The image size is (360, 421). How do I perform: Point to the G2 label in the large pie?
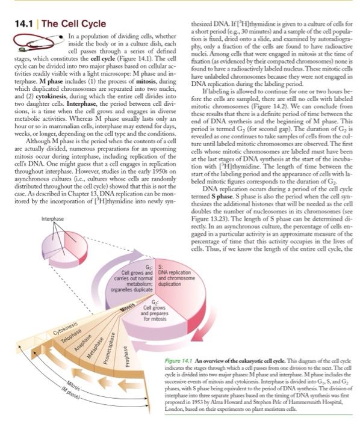155,293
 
